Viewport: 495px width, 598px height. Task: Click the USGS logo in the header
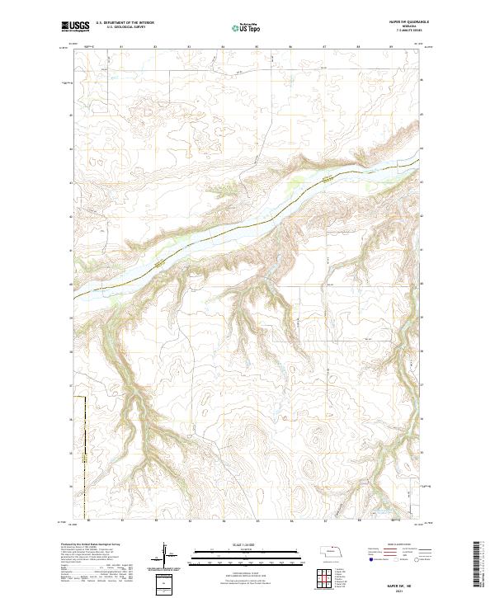(76, 27)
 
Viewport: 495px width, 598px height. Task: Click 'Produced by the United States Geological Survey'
(88, 546)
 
